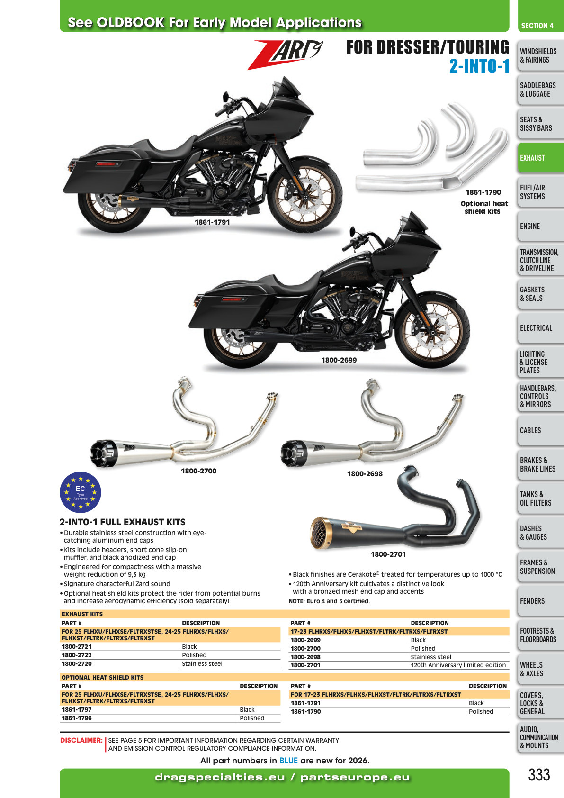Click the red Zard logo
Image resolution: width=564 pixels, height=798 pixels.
tap(285, 54)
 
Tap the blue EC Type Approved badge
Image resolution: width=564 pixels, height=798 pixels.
tap(81, 492)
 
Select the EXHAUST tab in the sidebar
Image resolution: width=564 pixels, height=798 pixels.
tap(540, 158)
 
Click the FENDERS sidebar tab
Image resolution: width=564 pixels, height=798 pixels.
tap(540, 601)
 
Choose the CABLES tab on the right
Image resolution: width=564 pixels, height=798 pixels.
tap(540, 430)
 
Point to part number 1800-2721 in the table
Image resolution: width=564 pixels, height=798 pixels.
tap(77, 646)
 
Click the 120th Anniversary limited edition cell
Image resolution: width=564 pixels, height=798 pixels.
tap(458, 665)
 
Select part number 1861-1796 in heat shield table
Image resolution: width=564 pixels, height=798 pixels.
tap(77, 718)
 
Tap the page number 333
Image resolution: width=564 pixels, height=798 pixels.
tap(539, 775)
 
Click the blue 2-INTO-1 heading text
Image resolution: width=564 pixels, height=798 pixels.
tap(479, 66)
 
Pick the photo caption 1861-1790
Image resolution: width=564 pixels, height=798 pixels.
tap(483, 192)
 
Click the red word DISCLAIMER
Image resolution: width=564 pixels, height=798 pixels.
tap(81, 740)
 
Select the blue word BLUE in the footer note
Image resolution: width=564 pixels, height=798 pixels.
tap(288, 761)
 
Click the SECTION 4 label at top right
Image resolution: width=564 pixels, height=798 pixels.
tap(537, 26)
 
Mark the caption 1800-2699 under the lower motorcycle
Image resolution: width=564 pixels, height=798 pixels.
tap(339, 360)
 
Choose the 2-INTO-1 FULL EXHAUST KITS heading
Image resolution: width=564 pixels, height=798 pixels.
tap(123, 522)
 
